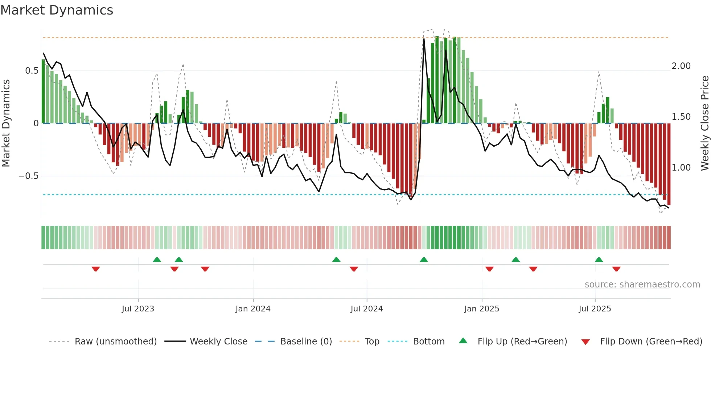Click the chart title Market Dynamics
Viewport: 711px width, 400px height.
[x=57, y=10]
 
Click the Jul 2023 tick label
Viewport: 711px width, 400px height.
[x=138, y=309]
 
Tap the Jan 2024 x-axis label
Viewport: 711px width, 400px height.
[x=253, y=309]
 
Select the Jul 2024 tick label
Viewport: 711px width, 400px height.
[x=366, y=309]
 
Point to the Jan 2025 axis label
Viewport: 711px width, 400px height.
[x=481, y=309]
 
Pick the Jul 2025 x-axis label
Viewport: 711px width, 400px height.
[x=595, y=309]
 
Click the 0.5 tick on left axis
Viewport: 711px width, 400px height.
[x=32, y=71]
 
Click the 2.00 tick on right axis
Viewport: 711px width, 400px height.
[x=681, y=66]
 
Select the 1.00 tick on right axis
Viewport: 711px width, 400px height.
[x=681, y=168]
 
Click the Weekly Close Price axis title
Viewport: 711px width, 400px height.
[x=704, y=123]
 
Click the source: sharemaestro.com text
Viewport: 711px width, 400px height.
[x=642, y=285]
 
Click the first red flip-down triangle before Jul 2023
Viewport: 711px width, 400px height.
[x=96, y=269]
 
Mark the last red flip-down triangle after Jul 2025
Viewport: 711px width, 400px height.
[x=616, y=269]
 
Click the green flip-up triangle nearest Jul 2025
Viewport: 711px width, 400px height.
[x=599, y=260]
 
